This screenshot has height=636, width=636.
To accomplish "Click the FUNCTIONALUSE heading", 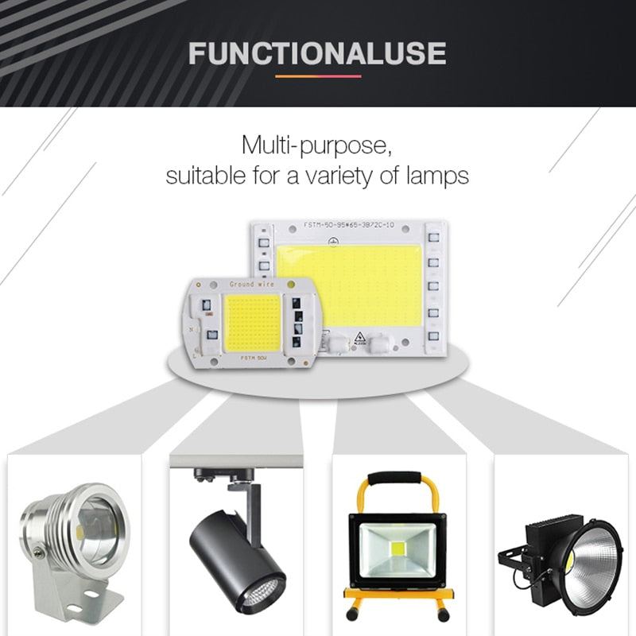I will click(x=317, y=53).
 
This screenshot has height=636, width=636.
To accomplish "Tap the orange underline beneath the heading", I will click(x=317, y=76).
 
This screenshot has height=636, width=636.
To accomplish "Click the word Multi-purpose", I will click(x=317, y=146).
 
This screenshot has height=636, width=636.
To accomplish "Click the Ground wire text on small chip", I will click(x=251, y=284).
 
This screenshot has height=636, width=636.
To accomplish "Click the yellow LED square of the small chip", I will click(x=252, y=320).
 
